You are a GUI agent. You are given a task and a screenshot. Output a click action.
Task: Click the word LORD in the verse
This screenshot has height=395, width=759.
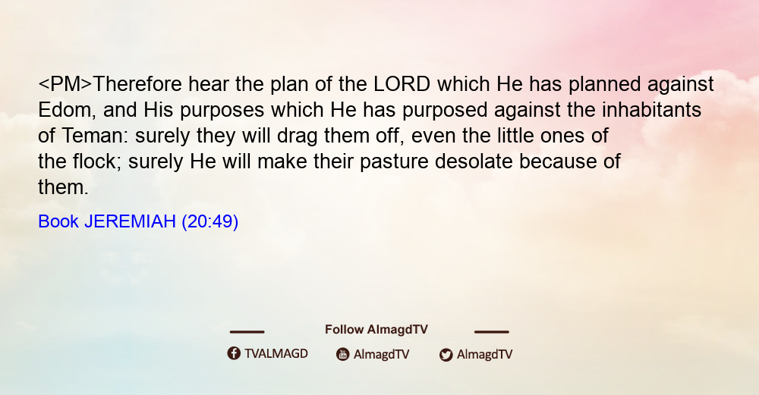click(x=402, y=84)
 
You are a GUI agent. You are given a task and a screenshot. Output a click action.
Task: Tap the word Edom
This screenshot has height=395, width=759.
click(x=64, y=110)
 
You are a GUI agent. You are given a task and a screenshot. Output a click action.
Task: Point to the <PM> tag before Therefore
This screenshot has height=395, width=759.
click(x=65, y=84)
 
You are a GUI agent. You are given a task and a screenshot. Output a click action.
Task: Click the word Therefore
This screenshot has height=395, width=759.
click(x=137, y=84)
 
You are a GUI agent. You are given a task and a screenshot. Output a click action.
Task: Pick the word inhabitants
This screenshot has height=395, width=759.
click(x=651, y=110)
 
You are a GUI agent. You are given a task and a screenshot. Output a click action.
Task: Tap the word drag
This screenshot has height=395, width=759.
click(x=298, y=136)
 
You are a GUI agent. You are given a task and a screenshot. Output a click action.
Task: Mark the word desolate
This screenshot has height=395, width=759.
click(x=474, y=161)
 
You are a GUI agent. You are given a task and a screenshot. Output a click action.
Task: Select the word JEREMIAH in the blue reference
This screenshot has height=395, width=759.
click(x=130, y=221)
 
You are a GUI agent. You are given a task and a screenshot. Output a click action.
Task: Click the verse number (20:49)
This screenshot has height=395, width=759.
click(x=210, y=222)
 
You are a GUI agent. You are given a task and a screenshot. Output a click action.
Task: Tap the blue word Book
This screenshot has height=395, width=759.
click(x=58, y=221)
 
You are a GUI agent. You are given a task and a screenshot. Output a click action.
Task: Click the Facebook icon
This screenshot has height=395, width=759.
click(x=234, y=353)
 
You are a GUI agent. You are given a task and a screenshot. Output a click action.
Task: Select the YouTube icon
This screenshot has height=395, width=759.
click(x=343, y=354)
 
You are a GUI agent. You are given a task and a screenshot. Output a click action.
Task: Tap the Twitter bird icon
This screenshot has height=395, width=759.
click(x=446, y=355)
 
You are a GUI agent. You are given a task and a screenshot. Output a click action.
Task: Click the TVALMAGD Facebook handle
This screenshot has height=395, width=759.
click(x=276, y=353)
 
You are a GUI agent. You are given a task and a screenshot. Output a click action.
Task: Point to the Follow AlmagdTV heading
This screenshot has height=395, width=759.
click(x=376, y=330)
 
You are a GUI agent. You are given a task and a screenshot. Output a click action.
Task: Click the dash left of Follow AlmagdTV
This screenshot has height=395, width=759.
click(x=247, y=332)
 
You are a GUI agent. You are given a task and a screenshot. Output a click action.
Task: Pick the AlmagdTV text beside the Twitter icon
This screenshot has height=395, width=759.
click(x=484, y=355)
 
